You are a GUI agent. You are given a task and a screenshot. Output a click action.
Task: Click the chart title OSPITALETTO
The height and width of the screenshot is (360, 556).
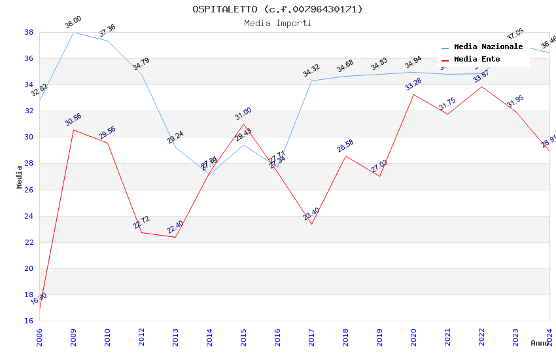point(277,9)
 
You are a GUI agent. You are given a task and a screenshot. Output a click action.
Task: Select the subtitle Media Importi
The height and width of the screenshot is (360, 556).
point(277,23)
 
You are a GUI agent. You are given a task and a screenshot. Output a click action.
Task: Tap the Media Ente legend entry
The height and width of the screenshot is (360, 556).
point(477,60)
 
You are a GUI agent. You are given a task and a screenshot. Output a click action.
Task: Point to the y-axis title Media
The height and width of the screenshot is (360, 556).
point(20,177)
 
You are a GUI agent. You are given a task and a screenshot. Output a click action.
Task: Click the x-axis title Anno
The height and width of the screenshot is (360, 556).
point(540,343)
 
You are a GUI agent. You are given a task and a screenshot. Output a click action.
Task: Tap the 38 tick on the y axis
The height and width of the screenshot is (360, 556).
point(29,32)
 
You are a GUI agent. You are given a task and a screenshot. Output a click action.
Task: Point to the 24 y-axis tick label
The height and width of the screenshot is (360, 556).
point(29,216)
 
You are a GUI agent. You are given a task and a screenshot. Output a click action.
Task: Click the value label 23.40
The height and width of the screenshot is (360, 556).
point(311,214)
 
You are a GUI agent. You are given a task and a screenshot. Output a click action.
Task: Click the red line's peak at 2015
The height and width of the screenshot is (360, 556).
point(243,124)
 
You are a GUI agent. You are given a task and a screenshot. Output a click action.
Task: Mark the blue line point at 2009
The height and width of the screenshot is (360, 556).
point(73,32)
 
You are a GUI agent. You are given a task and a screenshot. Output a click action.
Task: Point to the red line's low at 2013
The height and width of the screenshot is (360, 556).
point(175,237)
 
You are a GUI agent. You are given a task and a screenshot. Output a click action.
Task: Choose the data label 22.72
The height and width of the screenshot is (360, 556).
point(141,223)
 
